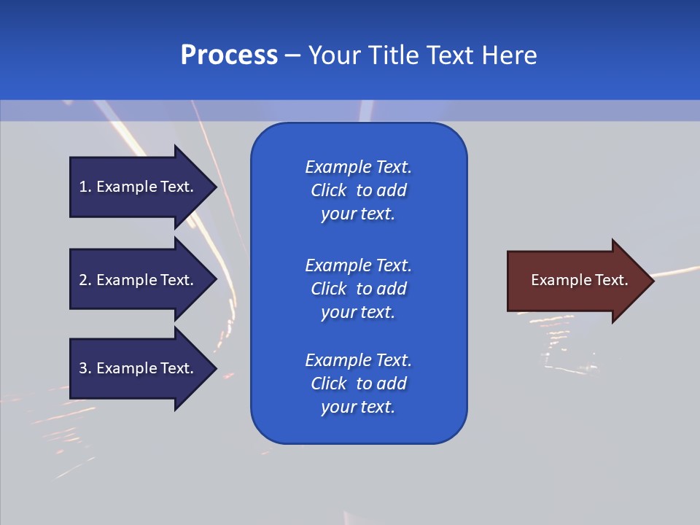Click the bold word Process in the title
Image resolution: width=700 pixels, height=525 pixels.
tap(229, 55)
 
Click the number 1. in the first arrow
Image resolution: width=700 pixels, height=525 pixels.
tap(85, 187)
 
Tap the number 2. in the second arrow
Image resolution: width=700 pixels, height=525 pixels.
tap(85, 280)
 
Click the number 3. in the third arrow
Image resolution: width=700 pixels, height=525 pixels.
tap(85, 368)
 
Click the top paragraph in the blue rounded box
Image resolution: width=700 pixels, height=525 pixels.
tap(358, 190)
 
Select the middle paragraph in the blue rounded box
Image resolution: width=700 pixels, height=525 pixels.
tap(358, 289)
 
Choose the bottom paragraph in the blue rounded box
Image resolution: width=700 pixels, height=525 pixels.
tap(358, 384)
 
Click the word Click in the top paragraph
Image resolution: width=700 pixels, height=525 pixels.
tap(328, 190)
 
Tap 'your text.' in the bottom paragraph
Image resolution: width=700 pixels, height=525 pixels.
tap(358, 407)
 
